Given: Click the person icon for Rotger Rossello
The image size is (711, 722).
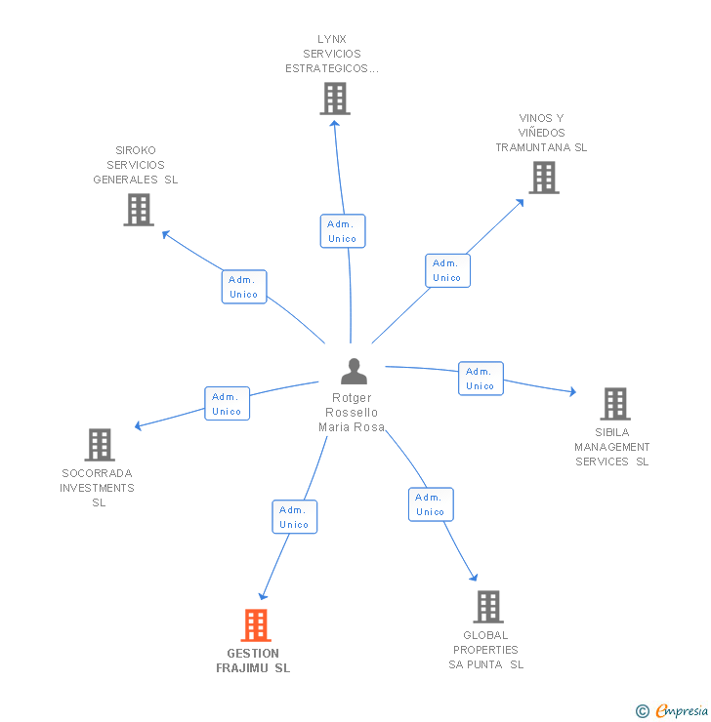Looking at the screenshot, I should click(x=354, y=372).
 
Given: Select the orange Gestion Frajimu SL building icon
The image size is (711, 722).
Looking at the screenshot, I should click(x=255, y=625).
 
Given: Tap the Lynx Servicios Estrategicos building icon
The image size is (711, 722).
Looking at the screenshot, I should click(x=335, y=99).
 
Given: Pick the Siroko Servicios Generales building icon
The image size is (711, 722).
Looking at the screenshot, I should click(x=139, y=210).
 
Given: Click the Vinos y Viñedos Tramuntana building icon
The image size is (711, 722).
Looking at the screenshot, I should click(x=544, y=178).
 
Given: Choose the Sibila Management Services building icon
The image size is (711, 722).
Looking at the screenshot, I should click(x=614, y=404).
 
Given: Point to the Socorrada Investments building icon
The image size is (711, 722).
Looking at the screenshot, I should click(x=99, y=445).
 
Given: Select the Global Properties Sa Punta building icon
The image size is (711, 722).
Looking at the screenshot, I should click(x=488, y=607).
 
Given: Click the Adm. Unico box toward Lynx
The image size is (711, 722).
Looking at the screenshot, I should click(x=343, y=231).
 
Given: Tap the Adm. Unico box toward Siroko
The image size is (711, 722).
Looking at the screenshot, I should click(x=244, y=287).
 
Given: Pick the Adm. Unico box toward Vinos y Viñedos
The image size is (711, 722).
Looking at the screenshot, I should click(x=447, y=270).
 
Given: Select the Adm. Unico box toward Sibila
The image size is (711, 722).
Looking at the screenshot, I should click(x=481, y=379).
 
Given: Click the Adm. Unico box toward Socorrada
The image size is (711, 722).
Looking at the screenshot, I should click(x=227, y=404).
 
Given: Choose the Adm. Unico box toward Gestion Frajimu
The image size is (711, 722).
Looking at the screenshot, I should click(x=294, y=517).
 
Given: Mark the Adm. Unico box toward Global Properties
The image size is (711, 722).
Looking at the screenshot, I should click(x=431, y=504).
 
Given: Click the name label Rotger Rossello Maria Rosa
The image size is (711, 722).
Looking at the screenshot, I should click(x=354, y=413).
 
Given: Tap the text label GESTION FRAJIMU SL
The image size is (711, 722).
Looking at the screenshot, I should click(x=253, y=661).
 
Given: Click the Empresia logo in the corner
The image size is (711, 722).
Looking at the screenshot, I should click(x=673, y=711).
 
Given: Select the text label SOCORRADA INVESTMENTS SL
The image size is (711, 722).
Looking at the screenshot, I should click(x=98, y=488).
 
